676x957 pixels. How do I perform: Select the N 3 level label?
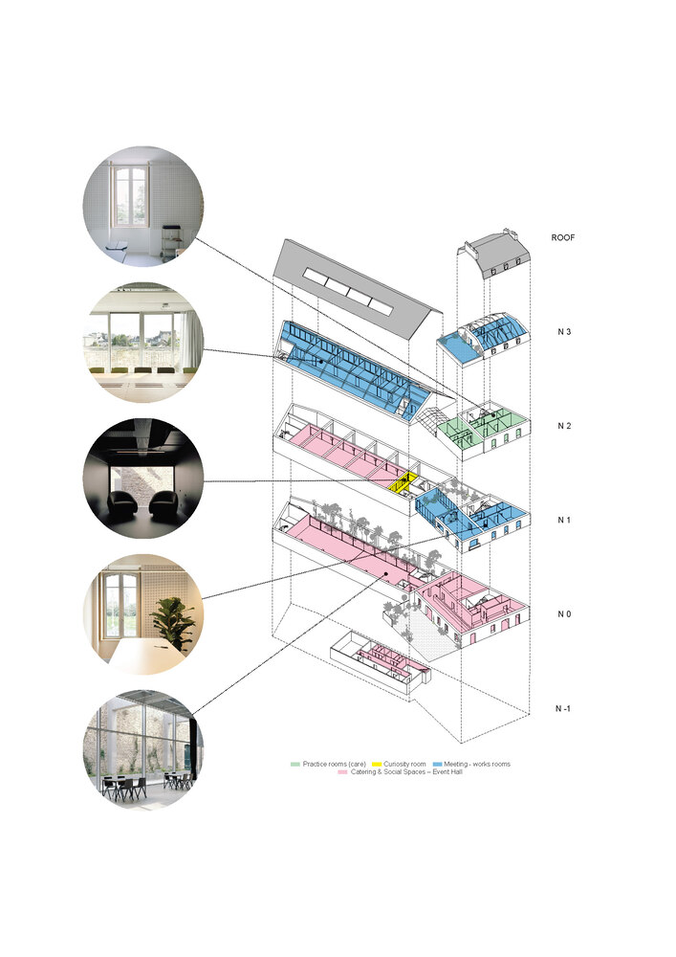[x=565, y=332]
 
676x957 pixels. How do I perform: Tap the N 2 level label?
[x=565, y=426]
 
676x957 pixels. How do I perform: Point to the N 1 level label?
[x=565, y=520]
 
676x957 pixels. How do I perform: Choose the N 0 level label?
[x=565, y=613]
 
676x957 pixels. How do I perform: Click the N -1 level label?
[x=565, y=708]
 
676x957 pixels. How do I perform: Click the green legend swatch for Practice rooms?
[x=295, y=764]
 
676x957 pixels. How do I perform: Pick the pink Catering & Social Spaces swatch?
[x=344, y=771]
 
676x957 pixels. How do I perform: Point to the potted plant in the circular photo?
[x=175, y=621]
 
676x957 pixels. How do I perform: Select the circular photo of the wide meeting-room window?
[x=144, y=342]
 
